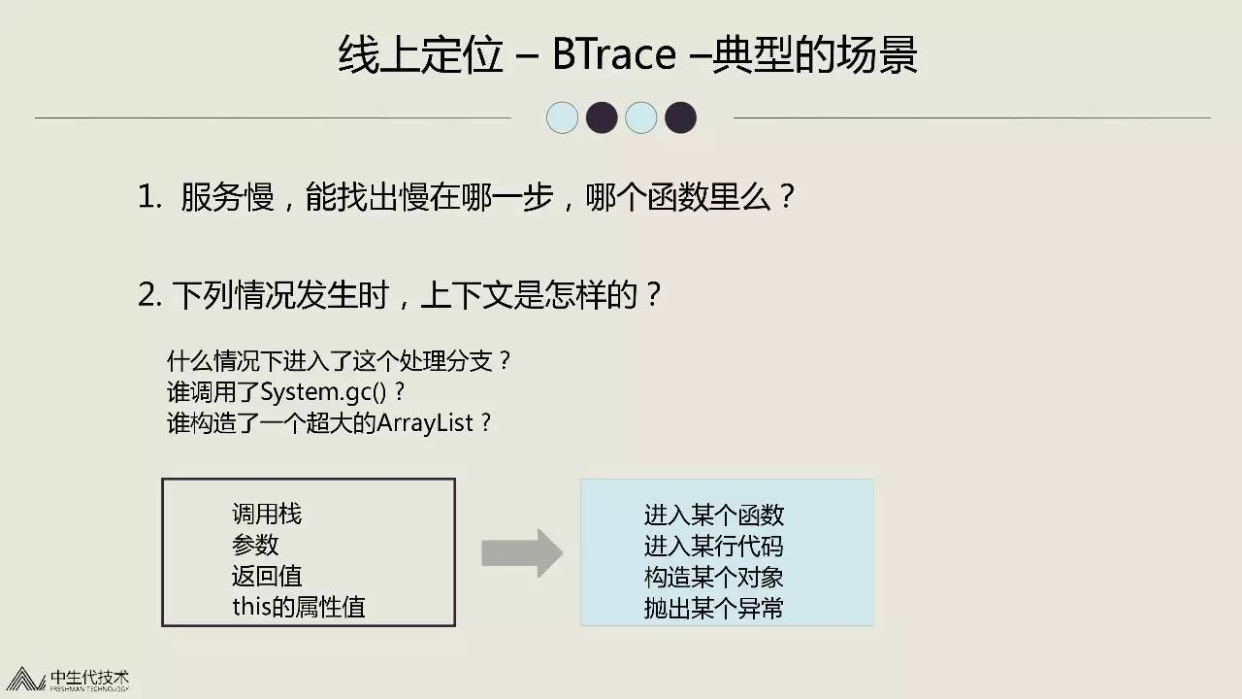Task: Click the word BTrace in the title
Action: coord(614,54)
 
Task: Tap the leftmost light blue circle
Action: coord(562,117)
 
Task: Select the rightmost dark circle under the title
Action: coord(680,117)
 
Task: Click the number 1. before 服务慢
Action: coord(149,197)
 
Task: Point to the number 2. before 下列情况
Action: coord(149,294)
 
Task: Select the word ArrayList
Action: coord(425,422)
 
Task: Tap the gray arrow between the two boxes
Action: coord(522,552)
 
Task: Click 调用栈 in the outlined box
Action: coord(267,515)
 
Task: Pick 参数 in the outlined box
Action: coord(255,545)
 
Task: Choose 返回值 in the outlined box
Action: coord(267,576)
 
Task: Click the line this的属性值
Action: coord(299,607)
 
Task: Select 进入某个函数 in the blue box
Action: coord(713,515)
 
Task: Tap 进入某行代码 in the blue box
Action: coord(713,546)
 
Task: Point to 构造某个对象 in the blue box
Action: coord(713,577)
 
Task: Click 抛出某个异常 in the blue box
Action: coord(713,608)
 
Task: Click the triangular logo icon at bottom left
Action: coord(24,679)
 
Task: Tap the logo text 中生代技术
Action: coord(89,678)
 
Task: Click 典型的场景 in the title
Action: coord(814,54)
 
